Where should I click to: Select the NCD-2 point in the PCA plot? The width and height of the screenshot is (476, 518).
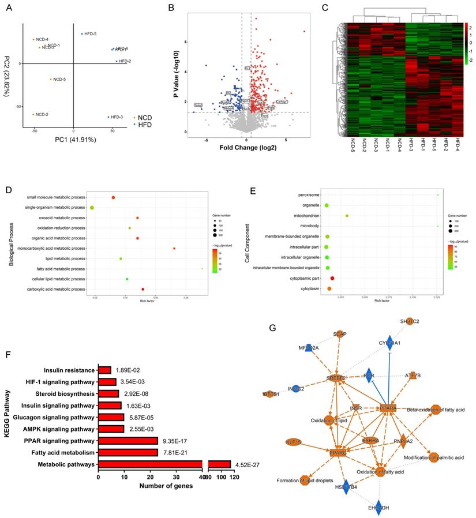pyautogui.click(x=33, y=114)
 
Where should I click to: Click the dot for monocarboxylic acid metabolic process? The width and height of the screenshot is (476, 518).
pyautogui.click(x=174, y=249)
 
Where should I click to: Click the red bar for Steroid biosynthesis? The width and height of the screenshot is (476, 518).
pyautogui.click(x=108, y=393)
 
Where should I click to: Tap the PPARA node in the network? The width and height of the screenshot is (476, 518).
pyautogui.click(x=388, y=408)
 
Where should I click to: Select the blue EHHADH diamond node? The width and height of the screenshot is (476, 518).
pyautogui.click(x=378, y=508)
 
